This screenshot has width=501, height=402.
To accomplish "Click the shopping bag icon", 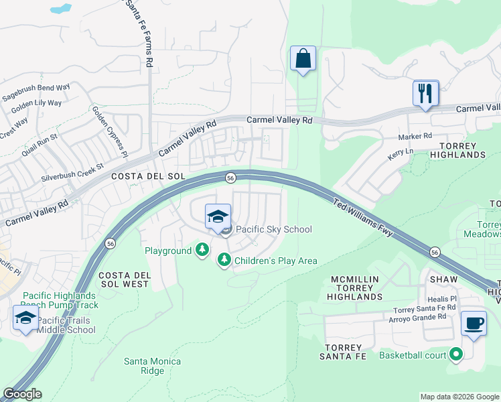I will tap(303, 58).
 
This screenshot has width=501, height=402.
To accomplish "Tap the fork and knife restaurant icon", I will tap(425, 92).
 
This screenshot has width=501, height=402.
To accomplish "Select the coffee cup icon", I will tap(474, 323).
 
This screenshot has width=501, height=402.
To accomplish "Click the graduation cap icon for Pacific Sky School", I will tap(218, 216).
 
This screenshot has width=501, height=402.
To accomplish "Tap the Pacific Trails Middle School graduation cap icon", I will tap(25, 318).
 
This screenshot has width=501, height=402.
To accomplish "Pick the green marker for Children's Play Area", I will tap(224, 260).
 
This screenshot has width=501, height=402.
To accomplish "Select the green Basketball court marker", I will tap(456, 354).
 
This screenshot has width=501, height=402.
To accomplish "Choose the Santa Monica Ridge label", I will tap(153, 366).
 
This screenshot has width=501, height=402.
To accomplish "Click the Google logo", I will tap(22, 394).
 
